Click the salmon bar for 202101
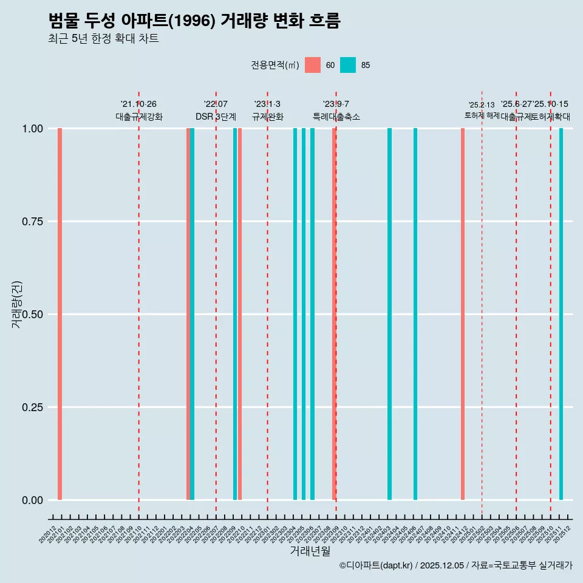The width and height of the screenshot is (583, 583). click(60, 314)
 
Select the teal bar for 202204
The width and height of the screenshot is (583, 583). click(193, 314)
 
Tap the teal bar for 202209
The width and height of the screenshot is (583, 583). click(235, 314)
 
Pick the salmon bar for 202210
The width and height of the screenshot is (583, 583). click(240, 314)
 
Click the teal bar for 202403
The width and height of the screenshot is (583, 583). click(389, 314)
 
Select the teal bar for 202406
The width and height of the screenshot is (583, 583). click(415, 314)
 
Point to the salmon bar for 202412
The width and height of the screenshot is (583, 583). click(463, 314)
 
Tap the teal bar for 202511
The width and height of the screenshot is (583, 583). click(561, 314)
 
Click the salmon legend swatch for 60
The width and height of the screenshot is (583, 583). click(313, 65)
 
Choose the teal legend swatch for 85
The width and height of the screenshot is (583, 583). click(348, 65)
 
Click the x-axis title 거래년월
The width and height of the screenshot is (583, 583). click(310, 551)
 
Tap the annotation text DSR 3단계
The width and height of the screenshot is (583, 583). click(216, 117)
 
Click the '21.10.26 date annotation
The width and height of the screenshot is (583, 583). click(138, 104)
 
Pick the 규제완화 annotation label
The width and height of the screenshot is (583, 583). click(267, 117)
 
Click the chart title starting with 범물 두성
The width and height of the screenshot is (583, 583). click(194, 21)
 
